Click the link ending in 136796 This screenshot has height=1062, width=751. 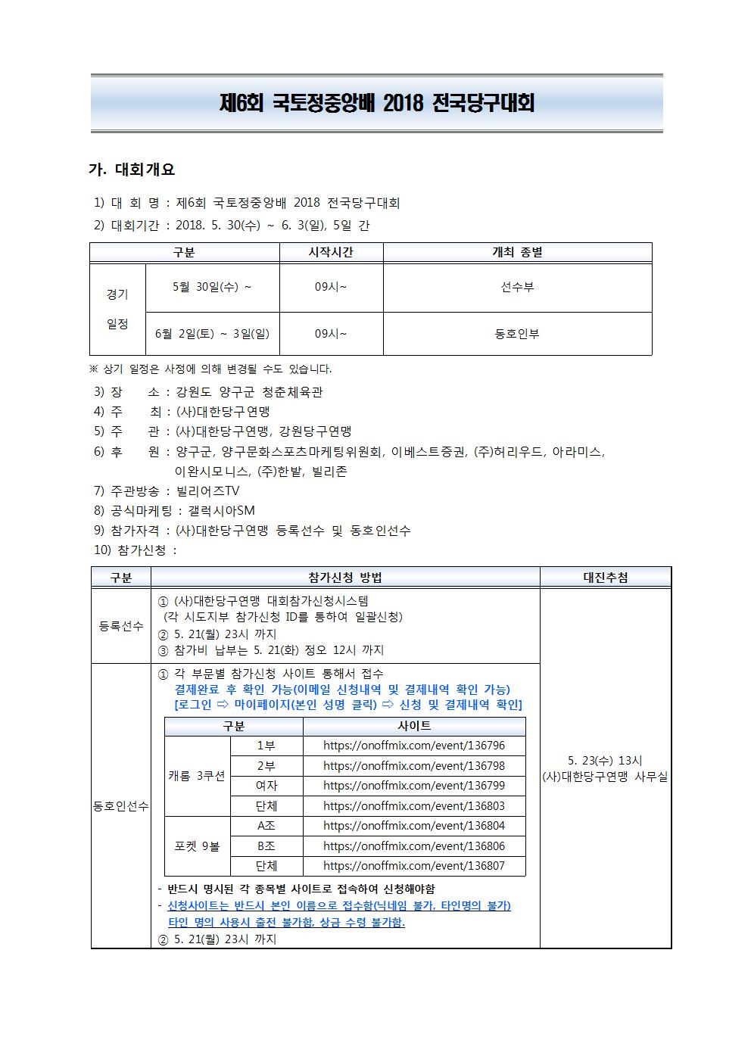pos(413,746)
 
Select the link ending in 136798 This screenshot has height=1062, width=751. pos(413,766)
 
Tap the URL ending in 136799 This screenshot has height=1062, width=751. pos(413,786)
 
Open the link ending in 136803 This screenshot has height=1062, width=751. pos(413,806)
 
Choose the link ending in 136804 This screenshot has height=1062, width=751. pos(413,826)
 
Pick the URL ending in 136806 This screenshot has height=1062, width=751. pos(413,846)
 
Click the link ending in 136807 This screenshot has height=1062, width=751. pos(413,866)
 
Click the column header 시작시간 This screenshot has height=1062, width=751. pos(331,253)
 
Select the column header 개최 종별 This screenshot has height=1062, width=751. pos(517,253)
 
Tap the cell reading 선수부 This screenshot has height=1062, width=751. pos(517,288)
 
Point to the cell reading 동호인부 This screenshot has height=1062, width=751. pos(517,334)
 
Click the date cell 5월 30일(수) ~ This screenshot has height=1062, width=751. pos(212,287)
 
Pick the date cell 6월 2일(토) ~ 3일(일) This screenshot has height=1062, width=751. pos(212,334)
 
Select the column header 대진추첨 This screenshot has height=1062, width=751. pos(605,578)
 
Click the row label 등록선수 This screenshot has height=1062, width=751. pos(121,626)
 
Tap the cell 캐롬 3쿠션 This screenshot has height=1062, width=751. pos(197,776)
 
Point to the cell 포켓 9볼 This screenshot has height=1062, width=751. pos(197,846)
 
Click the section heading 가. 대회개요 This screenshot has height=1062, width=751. pos(132,170)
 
